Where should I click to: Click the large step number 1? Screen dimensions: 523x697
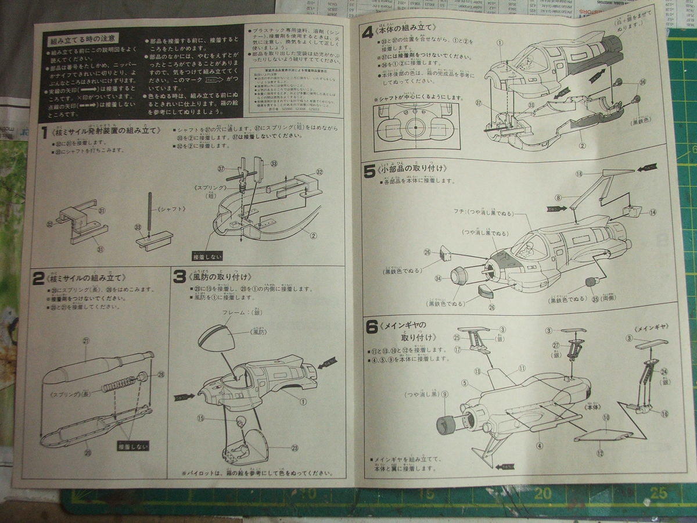coord(44,131)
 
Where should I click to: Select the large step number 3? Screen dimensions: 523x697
coord(179,277)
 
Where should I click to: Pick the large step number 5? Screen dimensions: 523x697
coord(369,171)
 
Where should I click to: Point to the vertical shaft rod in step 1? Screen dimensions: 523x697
coord(150,214)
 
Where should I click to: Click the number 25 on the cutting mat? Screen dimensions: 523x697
coord(658,493)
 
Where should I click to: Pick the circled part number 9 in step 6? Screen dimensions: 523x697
coord(445,395)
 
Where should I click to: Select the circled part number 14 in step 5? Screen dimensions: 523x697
coord(652,213)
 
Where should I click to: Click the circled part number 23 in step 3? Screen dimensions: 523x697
coord(295,447)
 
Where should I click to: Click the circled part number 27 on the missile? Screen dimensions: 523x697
coord(85,341)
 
